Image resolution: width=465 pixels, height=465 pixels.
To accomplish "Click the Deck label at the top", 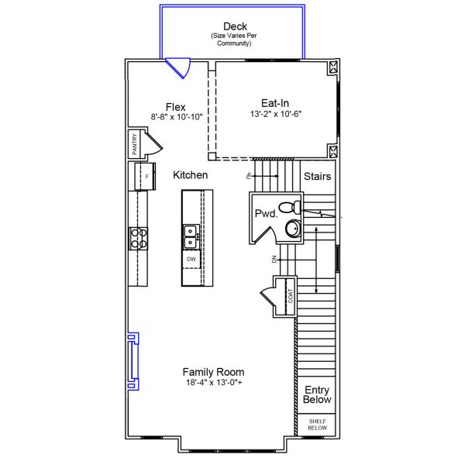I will click(x=234, y=26).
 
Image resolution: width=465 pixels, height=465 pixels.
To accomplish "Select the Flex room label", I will click(x=175, y=107).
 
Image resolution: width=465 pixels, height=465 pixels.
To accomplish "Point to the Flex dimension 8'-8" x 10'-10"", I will click(x=176, y=117).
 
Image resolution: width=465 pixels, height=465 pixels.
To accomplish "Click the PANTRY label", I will click(x=134, y=145).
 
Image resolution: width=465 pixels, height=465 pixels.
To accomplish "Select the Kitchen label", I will click(x=190, y=175).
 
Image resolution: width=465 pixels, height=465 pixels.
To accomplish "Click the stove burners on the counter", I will click(x=138, y=238).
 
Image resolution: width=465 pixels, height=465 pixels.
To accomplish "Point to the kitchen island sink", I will click(x=191, y=231).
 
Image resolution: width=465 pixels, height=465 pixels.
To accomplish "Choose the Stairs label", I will click(x=317, y=176).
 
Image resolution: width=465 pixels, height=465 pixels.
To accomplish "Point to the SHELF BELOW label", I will click(x=317, y=424).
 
